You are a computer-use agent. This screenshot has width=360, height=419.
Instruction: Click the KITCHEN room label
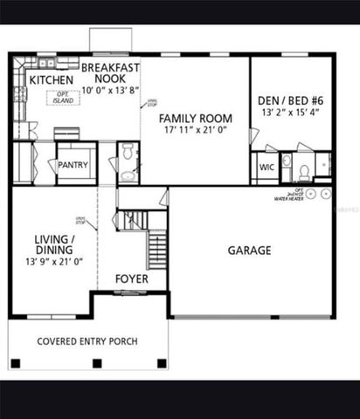[x=51, y=80]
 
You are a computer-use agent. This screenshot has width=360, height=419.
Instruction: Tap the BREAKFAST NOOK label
[x=111, y=72]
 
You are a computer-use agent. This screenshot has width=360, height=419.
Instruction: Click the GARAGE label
[x=249, y=251]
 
